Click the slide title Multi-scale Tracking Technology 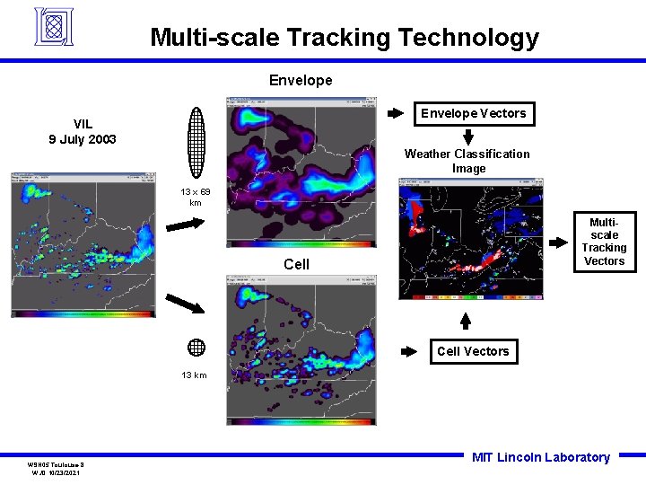tap(345, 38)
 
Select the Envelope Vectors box tap(474, 113)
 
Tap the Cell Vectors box tap(473, 351)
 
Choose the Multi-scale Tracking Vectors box tap(604, 242)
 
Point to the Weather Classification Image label tap(467, 161)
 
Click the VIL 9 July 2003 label tap(82, 131)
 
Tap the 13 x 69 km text tap(195, 197)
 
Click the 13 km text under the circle tap(194, 375)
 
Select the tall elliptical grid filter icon tap(196, 145)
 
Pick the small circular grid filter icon tap(196, 348)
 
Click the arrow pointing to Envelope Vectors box tap(395, 113)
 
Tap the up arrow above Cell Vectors tap(465, 321)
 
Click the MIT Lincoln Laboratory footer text tap(540, 457)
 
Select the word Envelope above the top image tap(301, 80)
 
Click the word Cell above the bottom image tap(296, 263)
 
